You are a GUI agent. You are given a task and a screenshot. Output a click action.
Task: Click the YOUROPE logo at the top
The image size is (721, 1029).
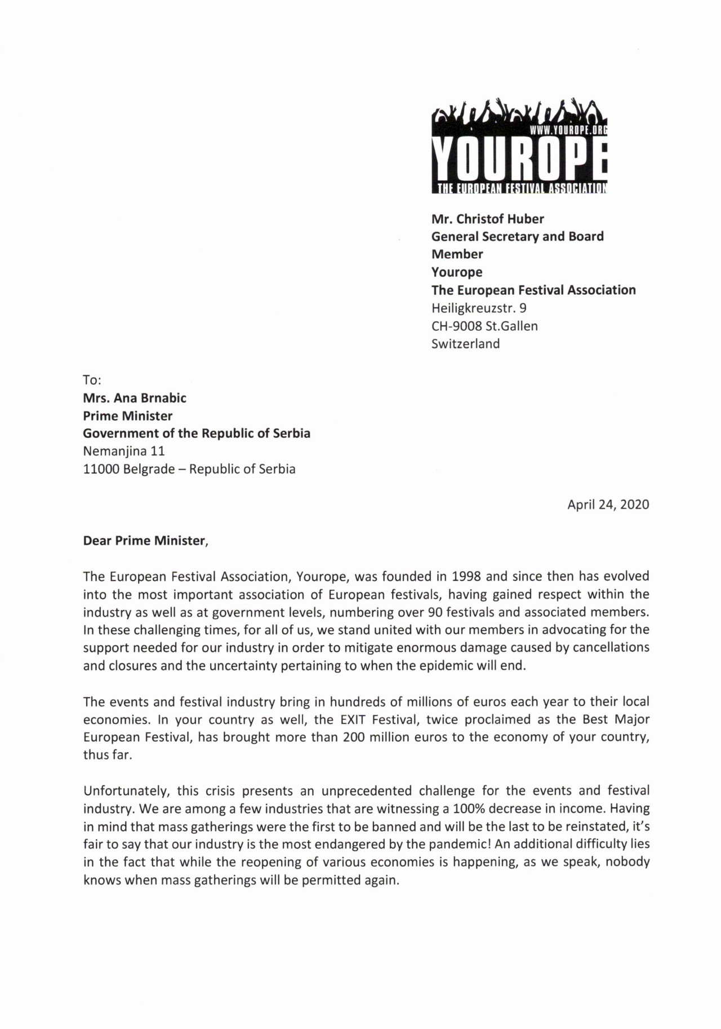pos(519,148)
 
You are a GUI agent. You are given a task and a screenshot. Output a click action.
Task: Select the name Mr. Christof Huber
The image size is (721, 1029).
pos(487,219)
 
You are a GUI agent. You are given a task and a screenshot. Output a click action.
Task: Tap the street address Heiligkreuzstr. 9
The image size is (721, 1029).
pos(479,308)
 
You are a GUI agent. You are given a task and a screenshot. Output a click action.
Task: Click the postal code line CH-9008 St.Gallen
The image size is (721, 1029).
pos(484,326)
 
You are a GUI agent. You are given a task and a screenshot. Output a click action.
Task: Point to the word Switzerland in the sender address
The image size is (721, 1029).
pos(465,344)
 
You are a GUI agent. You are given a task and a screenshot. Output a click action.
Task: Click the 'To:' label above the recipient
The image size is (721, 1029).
pos(92,380)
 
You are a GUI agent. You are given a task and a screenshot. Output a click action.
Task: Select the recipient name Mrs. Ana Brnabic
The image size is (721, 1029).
pos(134,398)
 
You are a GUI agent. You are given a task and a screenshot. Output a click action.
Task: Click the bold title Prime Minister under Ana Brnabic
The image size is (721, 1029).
pos(127,416)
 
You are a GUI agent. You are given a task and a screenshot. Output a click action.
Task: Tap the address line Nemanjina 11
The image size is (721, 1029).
pos(124,451)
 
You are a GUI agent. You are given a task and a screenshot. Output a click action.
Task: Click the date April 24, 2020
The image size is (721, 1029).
pos(608,504)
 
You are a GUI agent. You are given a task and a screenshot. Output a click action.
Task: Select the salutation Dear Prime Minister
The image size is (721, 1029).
pos(145,540)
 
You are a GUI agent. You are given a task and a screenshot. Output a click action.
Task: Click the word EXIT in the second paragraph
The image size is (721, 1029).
pos(353,720)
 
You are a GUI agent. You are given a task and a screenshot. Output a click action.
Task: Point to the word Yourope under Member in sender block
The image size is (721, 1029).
pos(457,272)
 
